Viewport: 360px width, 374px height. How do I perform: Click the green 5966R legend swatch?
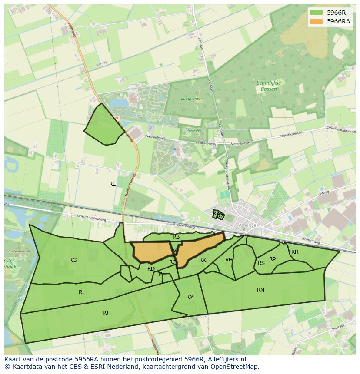[316, 13]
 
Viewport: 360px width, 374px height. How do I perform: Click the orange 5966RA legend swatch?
[316, 21]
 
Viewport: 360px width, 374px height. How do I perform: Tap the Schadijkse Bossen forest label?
[268, 86]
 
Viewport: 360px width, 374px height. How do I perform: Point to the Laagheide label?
[190, 99]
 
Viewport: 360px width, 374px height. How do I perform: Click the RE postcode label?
[113, 184]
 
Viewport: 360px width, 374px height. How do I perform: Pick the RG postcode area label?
[73, 260]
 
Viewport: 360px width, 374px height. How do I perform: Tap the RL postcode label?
[82, 292]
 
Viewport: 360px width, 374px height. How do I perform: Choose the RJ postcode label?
[106, 313]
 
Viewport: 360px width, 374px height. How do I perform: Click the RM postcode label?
[190, 297]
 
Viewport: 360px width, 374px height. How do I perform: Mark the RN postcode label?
[260, 290]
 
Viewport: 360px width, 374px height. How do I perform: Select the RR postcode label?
[295, 252]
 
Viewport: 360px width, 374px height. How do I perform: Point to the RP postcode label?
[273, 259]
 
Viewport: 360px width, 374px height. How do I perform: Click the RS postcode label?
[261, 263]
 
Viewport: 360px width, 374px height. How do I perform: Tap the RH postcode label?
[229, 260]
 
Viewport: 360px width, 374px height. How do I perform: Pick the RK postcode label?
[203, 260]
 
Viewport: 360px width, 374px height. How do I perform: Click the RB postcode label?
[176, 237]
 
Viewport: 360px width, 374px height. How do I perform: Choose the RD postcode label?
[151, 269]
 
